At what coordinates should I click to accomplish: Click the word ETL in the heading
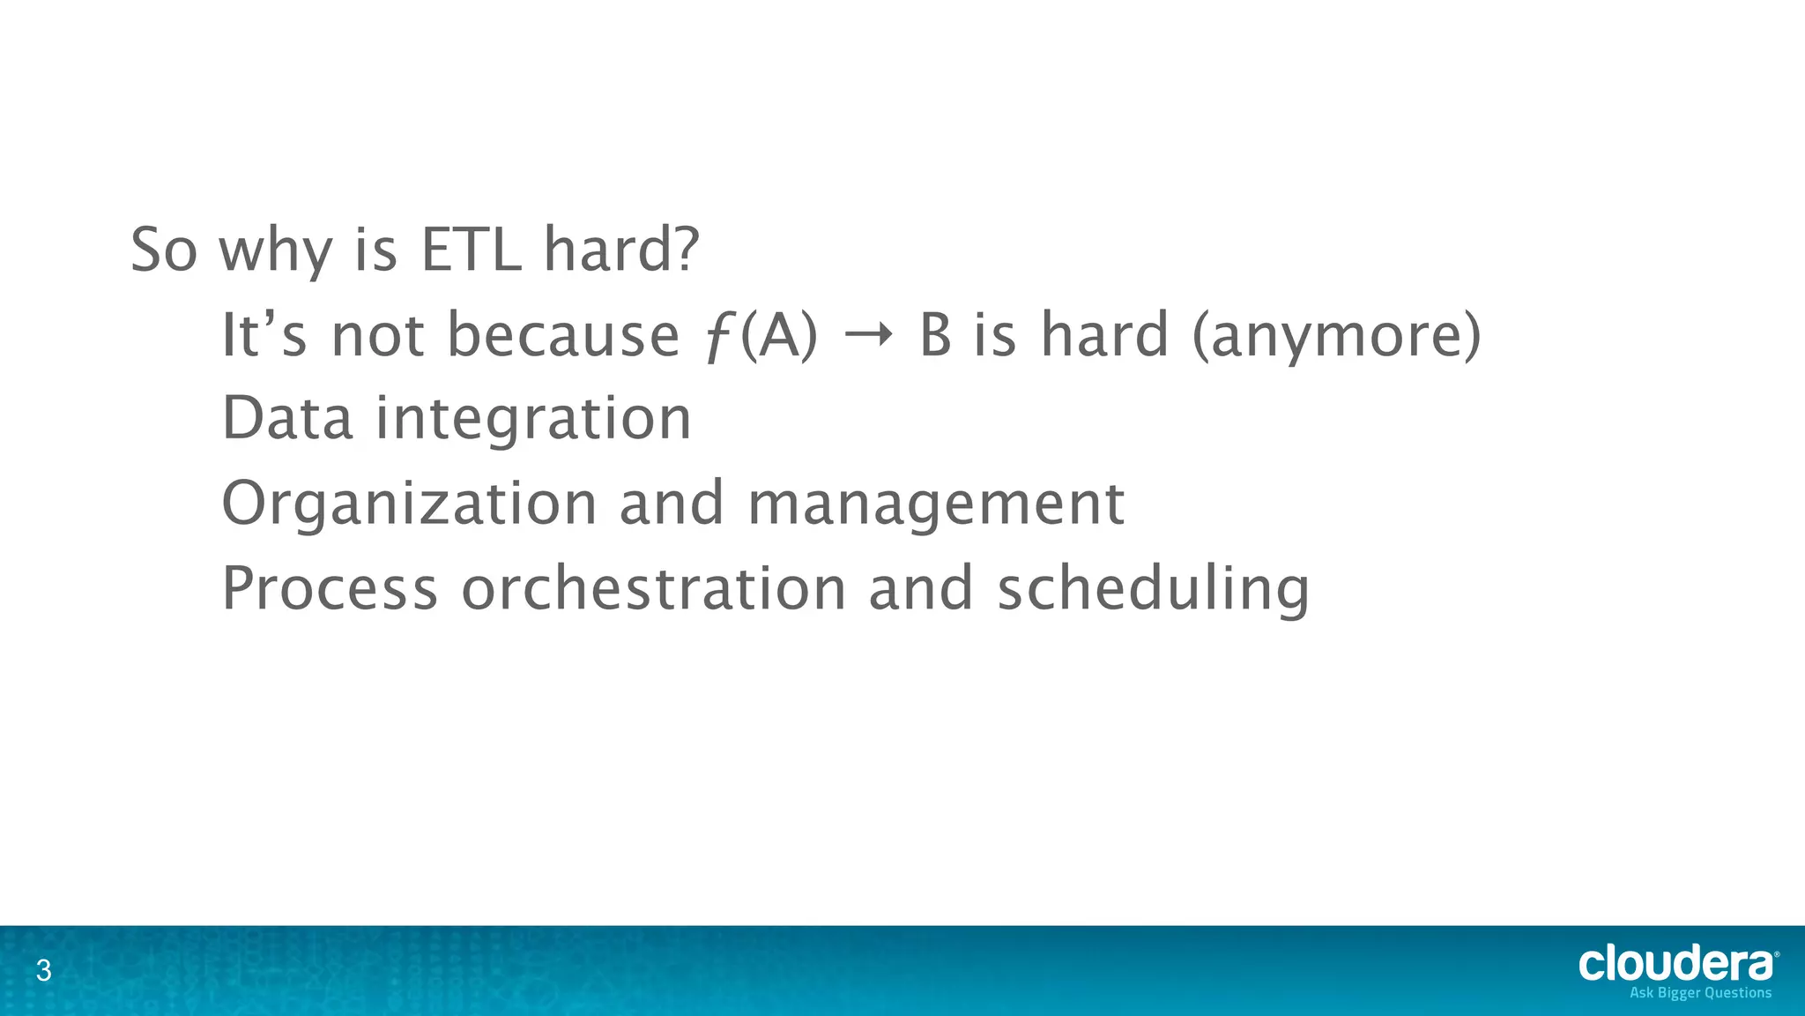(x=472, y=250)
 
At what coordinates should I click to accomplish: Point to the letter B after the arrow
(x=935, y=336)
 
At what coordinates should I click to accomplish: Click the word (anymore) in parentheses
(x=1336, y=336)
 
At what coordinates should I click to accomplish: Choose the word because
(x=563, y=336)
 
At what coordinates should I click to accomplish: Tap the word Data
(x=287, y=418)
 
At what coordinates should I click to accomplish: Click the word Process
(x=330, y=588)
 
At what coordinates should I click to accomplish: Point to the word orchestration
(x=653, y=588)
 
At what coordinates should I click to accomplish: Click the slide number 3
(x=43, y=972)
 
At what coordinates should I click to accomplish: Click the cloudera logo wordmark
(x=1675, y=964)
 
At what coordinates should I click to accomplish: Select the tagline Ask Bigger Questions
(x=1700, y=993)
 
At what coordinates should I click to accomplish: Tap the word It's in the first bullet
(x=264, y=336)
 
